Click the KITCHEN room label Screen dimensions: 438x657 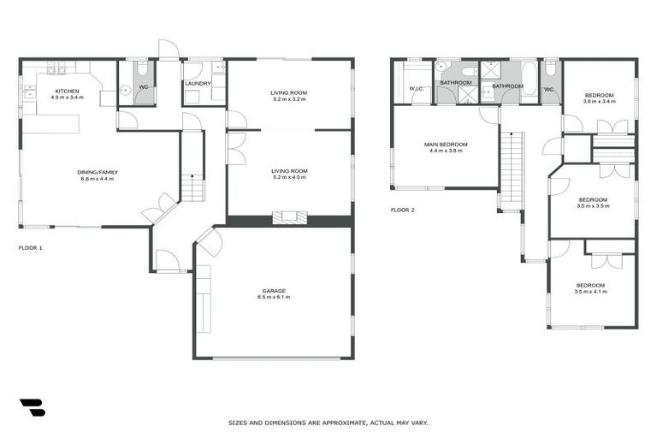pyautogui.click(x=67, y=92)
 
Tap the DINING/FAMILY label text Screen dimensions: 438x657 pyautogui.click(x=98, y=172)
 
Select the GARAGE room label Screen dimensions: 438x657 pyautogui.click(x=274, y=290)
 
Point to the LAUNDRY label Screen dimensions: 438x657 pyautogui.click(x=198, y=84)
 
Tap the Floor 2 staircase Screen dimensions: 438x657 pyautogui.click(x=511, y=168)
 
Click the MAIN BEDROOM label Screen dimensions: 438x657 pyautogui.click(x=446, y=145)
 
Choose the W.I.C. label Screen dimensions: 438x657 pyautogui.click(x=417, y=89)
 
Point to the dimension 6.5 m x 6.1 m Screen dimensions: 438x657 pyautogui.click(x=274, y=297)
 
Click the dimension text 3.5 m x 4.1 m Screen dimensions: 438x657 pyautogui.click(x=590, y=292)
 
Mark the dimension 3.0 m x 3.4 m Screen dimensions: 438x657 pyautogui.click(x=599, y=102)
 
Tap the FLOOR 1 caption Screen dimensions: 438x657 pyautogui.click(x=30, y=247)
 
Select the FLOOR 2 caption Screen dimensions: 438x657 pyautogui.click(x=402, y=210)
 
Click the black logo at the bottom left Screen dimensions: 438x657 pyautogui.click(x=32, y=407)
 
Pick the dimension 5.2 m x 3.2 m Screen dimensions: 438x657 pyautogui.click(x=288, y=99)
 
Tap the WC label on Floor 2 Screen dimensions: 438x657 pyautogui.click(x=548, y=89)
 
